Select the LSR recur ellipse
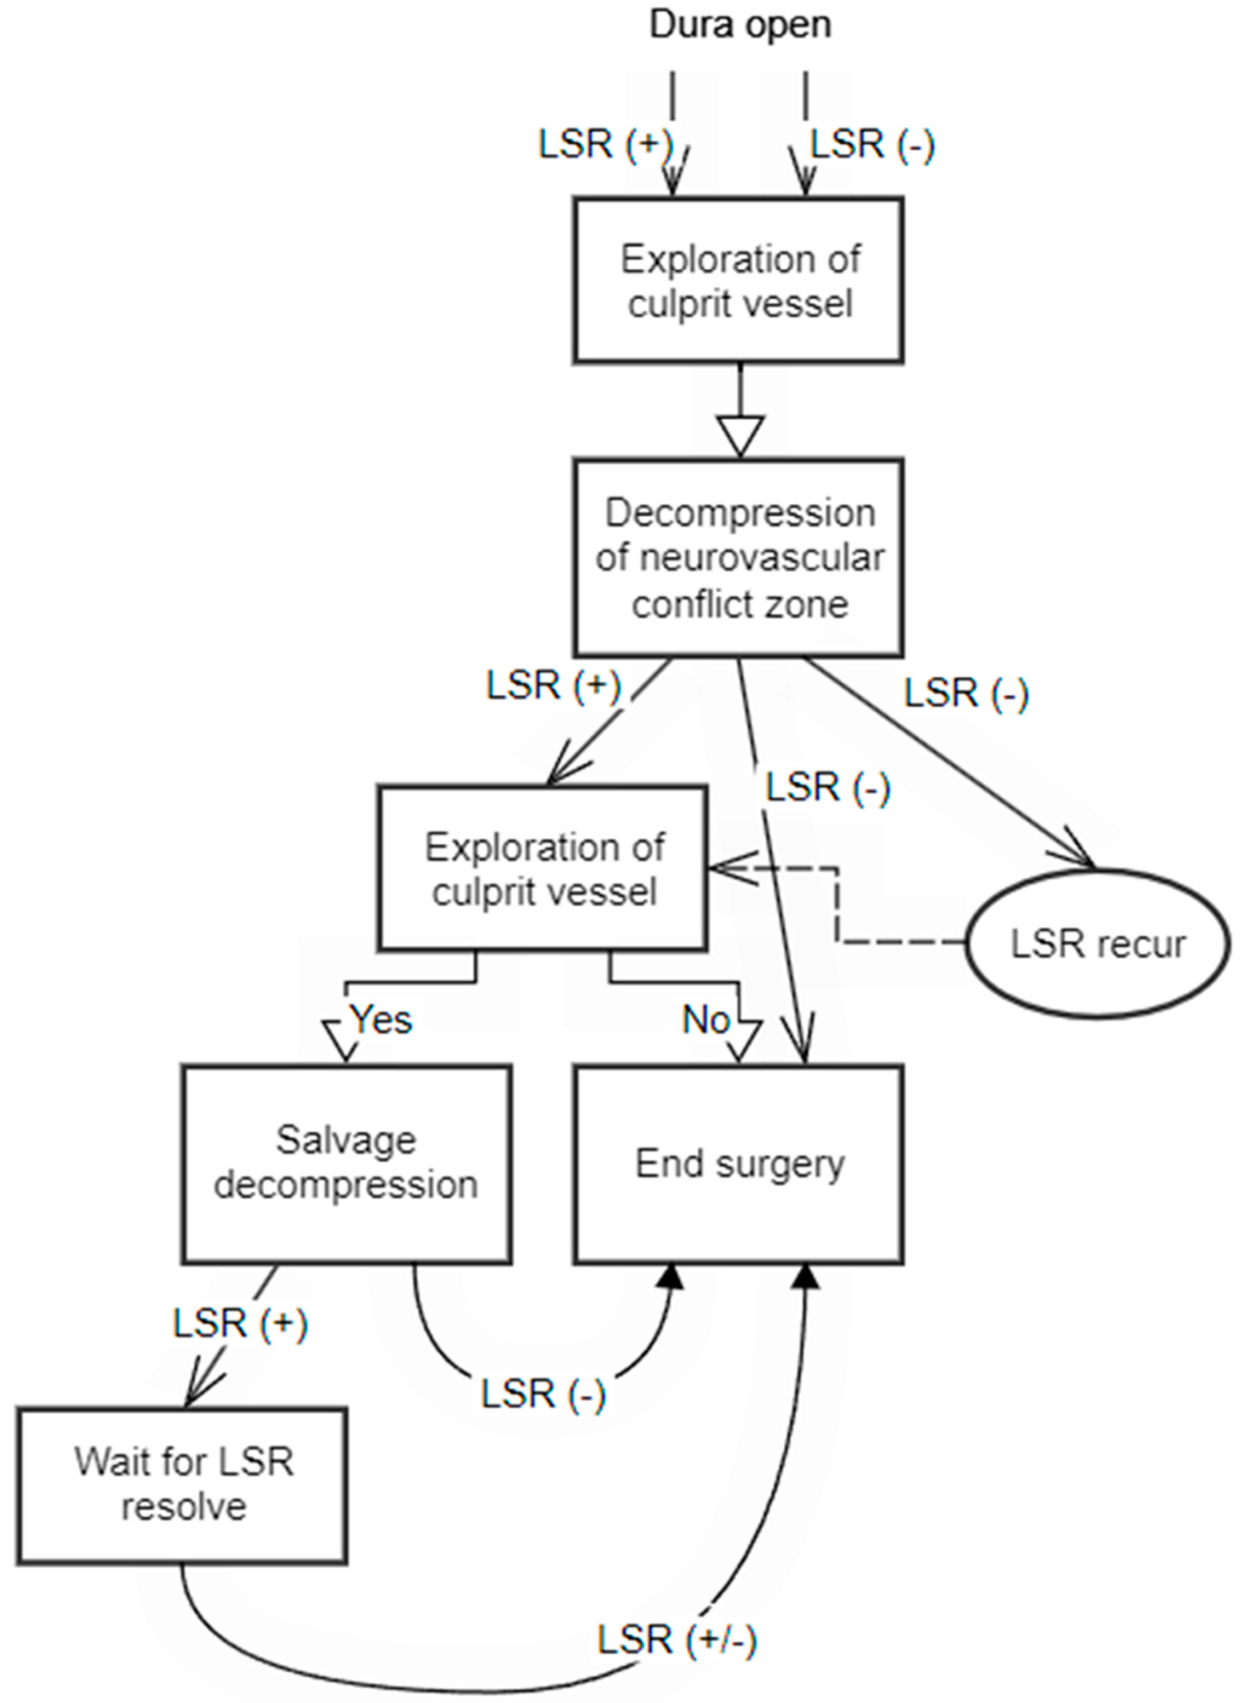[1097, 944]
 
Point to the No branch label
[706, 1020]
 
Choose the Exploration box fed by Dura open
[739, 281]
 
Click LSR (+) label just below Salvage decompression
[240, 1323]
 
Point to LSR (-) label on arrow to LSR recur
[966, 692]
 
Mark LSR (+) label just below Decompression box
[554, 685]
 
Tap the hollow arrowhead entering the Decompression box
[740, 436]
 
